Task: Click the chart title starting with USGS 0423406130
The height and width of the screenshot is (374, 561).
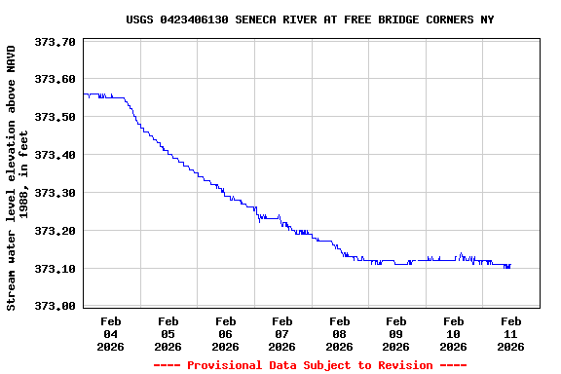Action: click(x=310, y=19)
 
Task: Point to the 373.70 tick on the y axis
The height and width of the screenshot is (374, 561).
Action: click(x=55, y=42)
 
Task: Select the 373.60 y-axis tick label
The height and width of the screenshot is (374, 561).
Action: click(x=55, y=80)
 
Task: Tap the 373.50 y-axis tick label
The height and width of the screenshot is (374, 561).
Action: click(x=55, y=117)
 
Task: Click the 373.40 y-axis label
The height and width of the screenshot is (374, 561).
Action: click(x=55, y=155)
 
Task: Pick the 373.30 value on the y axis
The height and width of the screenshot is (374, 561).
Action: click(x=55, y=193)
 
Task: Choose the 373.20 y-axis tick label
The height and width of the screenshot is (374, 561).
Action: click(x=55, y=231)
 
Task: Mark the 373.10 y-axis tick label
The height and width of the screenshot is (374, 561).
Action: click(x=55, y=269)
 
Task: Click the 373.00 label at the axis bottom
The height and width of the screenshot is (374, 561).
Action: click(x=55, y=306)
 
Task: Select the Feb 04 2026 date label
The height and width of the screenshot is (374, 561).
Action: click(x=111, y=333)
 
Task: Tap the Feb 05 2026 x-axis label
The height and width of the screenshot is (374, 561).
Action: click(x=168, y=333)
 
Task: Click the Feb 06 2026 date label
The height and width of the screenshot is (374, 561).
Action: click(x=225, y=333)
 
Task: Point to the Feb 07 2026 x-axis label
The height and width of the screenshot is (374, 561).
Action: click(x=282, y=333)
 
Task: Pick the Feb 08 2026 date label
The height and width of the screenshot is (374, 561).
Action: click(x=339, y=333)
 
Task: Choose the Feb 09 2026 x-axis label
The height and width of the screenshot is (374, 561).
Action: click(x=396, y=333)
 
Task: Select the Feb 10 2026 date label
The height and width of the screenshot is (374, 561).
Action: click(x=454, y=333)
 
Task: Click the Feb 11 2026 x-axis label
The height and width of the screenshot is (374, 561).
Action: click(x=510, y=333)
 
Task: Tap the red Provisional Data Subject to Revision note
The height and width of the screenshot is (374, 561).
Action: click(x=310, y=365)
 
